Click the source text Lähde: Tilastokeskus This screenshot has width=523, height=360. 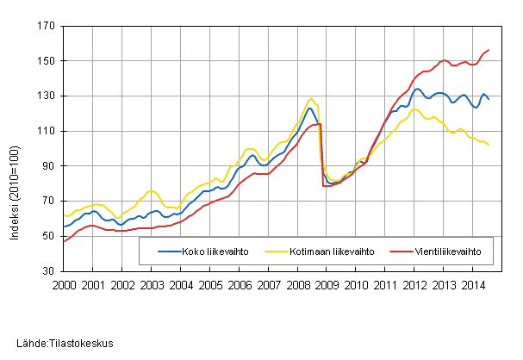coord(59,344)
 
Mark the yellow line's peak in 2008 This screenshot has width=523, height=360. coord(311,98)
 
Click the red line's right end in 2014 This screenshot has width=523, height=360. coord(489,50)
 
